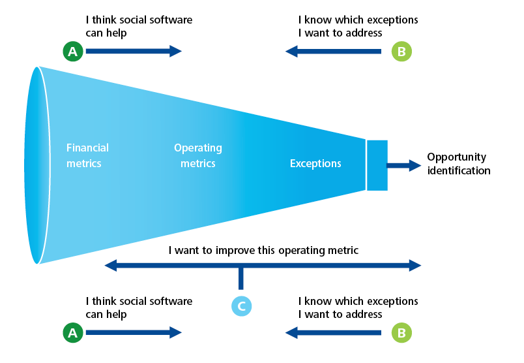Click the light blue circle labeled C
241,306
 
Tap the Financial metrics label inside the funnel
87,155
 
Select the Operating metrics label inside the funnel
198,155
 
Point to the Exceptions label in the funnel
315,163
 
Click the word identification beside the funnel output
459,170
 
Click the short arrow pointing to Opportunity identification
403,165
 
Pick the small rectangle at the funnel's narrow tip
377,165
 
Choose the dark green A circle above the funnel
73,51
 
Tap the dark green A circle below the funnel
73,332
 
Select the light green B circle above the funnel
401,51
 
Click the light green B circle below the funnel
401,332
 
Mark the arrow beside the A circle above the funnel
134,51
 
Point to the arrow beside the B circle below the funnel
333,332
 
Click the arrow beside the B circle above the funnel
333,51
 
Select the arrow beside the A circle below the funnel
134,332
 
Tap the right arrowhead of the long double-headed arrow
415,265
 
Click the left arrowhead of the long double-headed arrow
111,265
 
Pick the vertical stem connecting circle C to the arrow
241,279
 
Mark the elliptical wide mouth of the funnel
37,165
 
